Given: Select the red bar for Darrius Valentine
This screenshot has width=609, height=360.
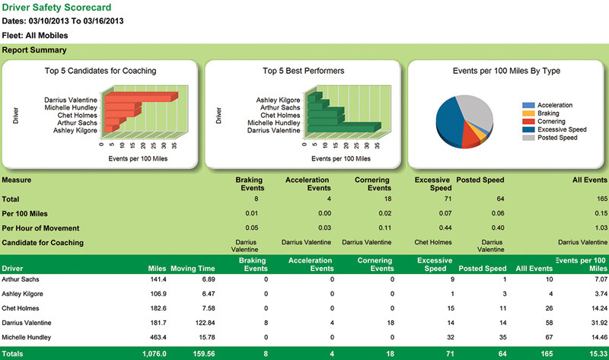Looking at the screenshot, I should pyautogui.click(x=141, y=97).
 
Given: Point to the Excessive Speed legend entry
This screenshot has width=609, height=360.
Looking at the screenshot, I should pyautogui.click(x=562, y=130).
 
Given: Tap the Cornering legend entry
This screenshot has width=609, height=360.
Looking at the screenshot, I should pyautogui.click(x=551, y=122).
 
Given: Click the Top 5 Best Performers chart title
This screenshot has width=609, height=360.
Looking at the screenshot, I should pyautogui.click(x=303, y=71).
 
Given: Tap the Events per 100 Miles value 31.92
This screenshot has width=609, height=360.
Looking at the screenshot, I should pyautogui.click(x=597, y=323).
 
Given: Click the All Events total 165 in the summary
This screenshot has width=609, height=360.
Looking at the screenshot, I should pyautogui.click(x=600, y=198).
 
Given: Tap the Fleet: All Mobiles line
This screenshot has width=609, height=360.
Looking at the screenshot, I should pyautogui.click(x=34, y=35).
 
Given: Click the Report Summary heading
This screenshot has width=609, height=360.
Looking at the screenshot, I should pyautogui.click(x=33, y=51).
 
